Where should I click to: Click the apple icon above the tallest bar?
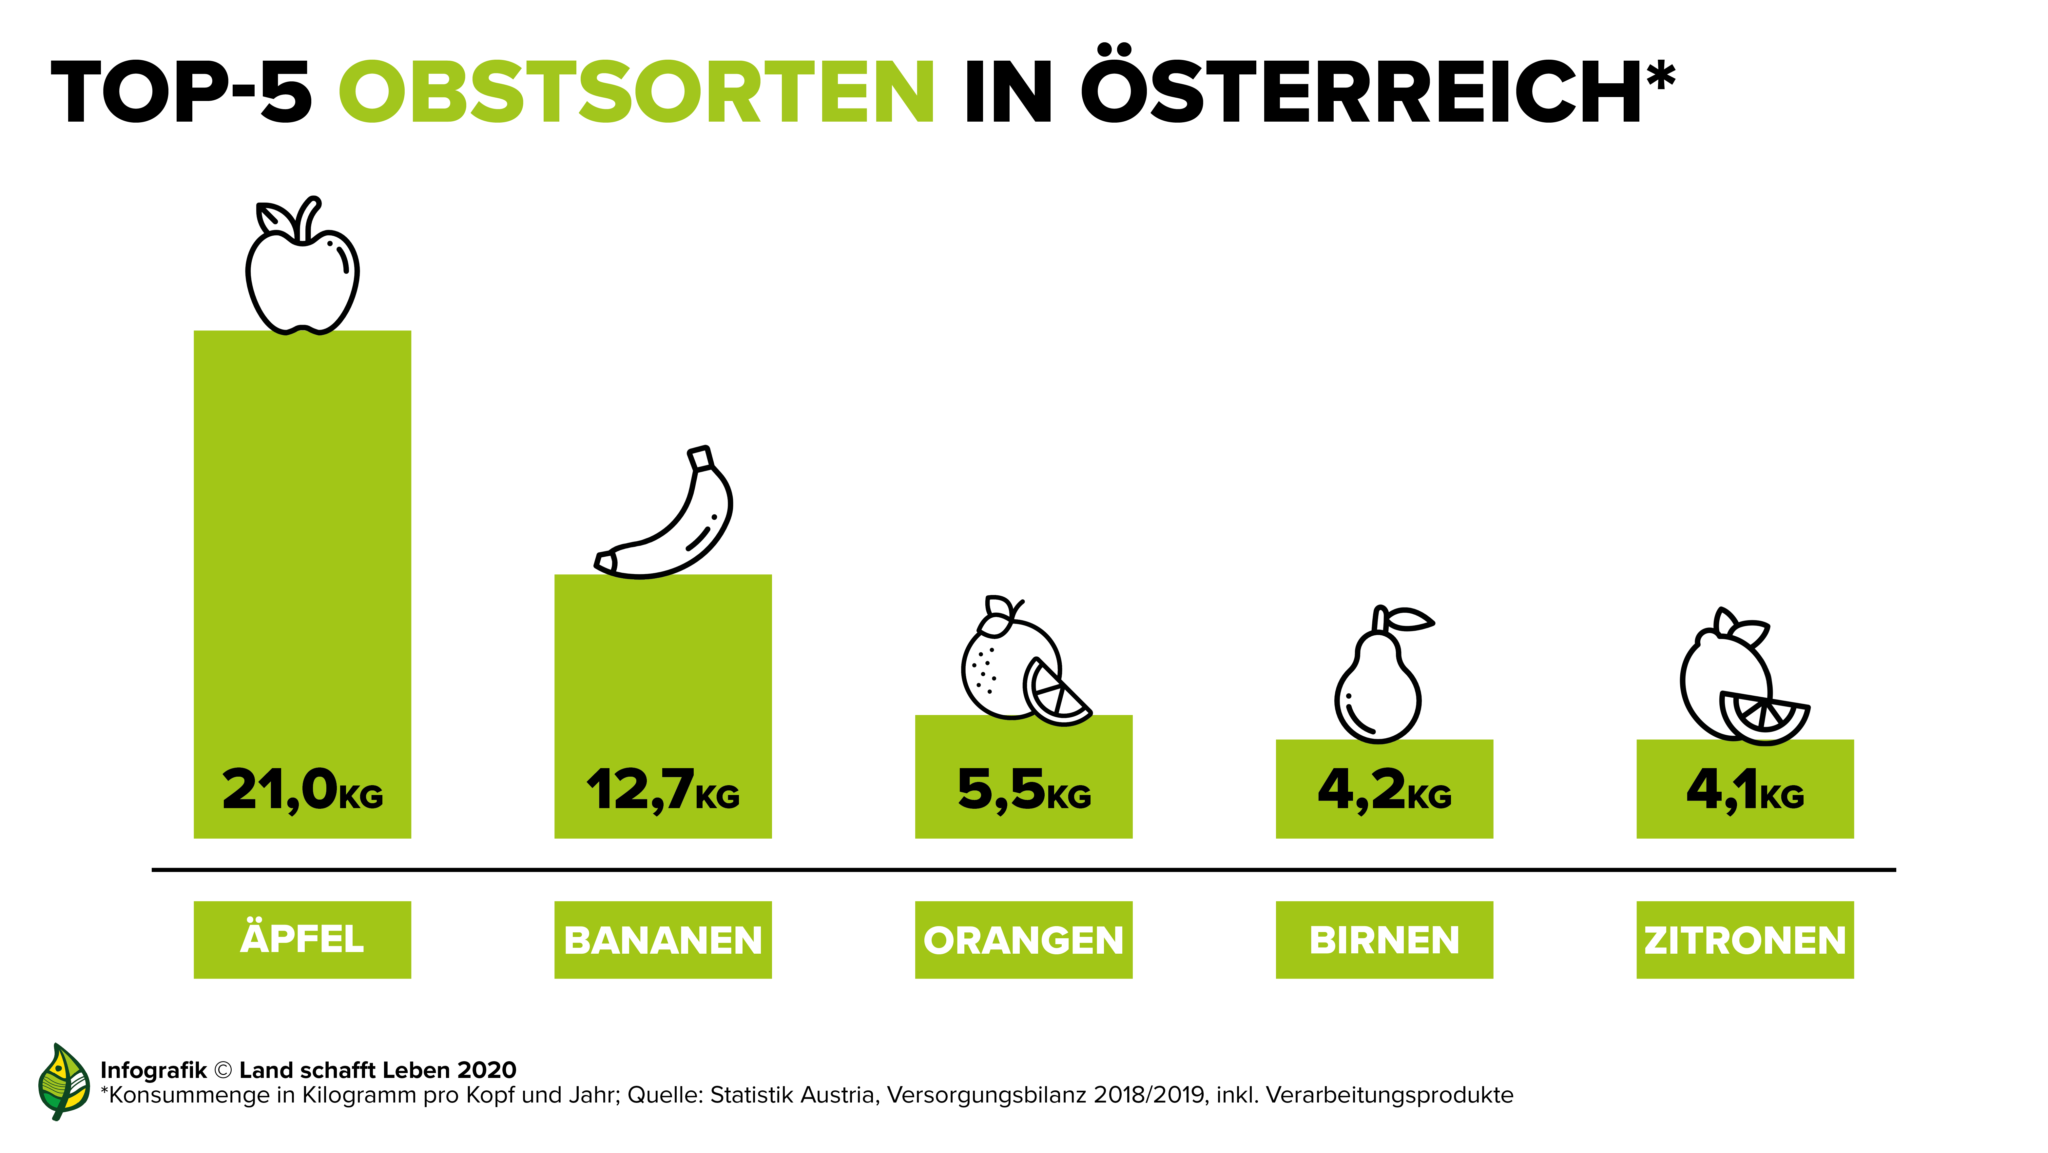click(302, 270)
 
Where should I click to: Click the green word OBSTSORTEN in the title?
click(636, 93)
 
